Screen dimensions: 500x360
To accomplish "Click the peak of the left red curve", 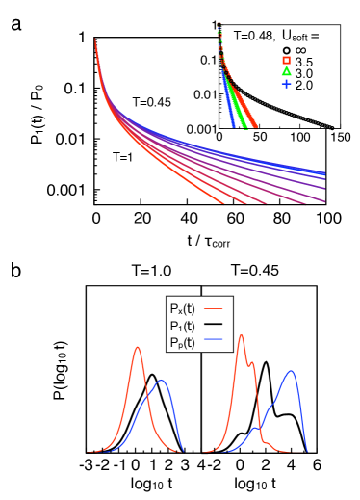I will click(x=138, y=348).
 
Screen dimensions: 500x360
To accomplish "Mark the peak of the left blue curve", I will click(x=161, y=381).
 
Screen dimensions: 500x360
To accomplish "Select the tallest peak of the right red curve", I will click(x=241, y=335).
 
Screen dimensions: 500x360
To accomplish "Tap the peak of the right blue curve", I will click(x=291, y=372).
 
